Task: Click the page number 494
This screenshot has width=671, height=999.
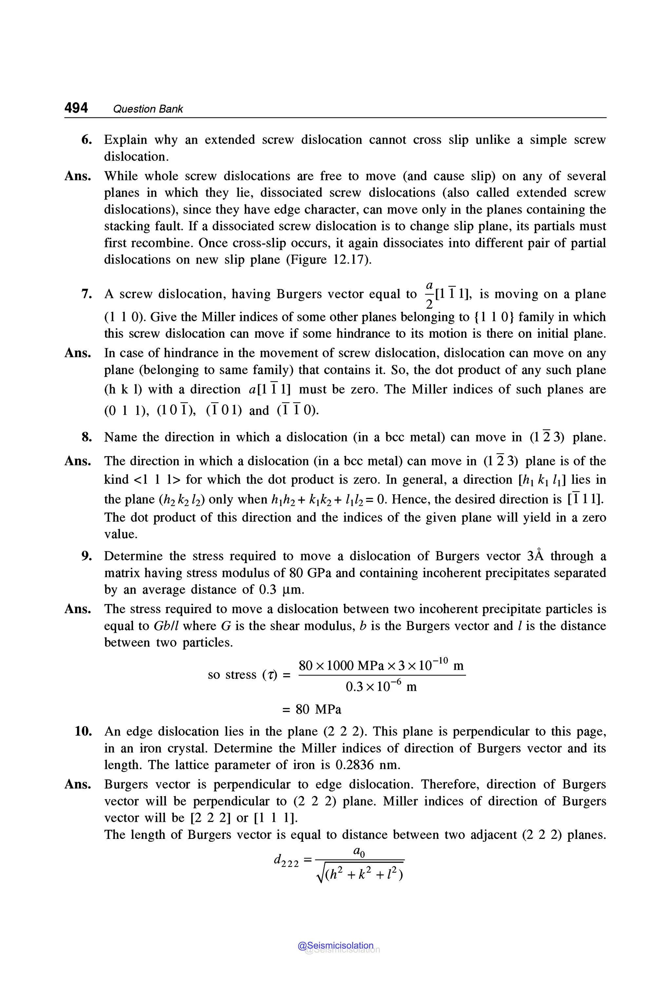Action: tap(76, 108)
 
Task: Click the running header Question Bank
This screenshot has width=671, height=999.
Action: tap(148, 109)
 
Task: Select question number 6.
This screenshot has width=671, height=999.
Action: tap(86, 140)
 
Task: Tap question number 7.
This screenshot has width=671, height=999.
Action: tap(86, 294)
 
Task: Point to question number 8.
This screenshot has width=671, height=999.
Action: tap(86, 437)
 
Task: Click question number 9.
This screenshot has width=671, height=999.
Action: tap(86, 556)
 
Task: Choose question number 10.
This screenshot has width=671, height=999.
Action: tap(84, 732)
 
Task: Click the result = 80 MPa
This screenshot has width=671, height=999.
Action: tap(312, 709)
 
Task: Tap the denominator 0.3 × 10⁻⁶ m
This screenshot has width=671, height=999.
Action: tap(381, 687)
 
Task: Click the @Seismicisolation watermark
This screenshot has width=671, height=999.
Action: tap(336, 946)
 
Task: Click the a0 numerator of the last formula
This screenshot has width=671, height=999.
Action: tap(359, 852)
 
